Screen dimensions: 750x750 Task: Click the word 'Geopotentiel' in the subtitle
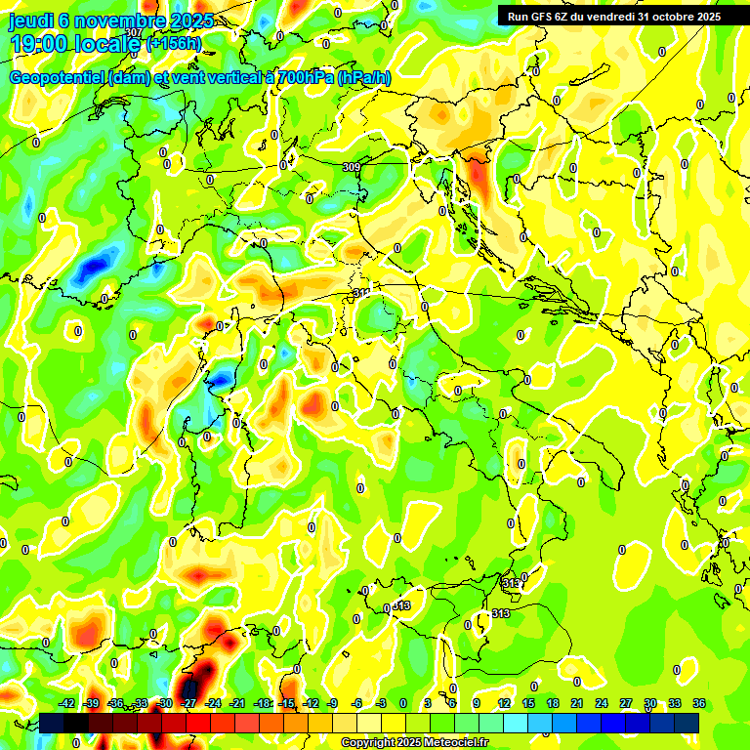(58, 77)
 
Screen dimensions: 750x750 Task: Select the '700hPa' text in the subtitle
(304, 77)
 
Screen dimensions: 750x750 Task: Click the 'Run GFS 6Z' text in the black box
(542, 16)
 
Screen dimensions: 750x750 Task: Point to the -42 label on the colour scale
(67, 703)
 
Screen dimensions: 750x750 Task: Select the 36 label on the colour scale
(699, 703)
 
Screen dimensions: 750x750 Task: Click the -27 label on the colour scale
(189, 703)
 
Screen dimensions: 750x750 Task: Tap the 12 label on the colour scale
(503, 703)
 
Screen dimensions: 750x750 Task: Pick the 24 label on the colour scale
(601, 703)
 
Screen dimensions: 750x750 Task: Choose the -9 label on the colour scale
(332, 703)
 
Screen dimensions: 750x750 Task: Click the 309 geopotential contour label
(352, 168)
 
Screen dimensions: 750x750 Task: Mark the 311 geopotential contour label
(361, 292)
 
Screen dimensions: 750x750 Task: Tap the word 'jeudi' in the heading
(29, 21)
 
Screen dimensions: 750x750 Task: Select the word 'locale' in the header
(108, 44)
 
